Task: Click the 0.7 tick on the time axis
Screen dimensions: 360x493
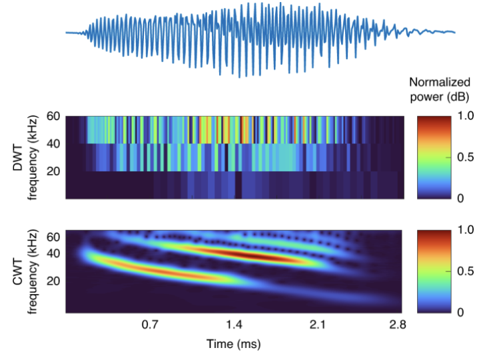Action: click(150, 325)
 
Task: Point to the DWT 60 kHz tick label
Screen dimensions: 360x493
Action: click(55, 116)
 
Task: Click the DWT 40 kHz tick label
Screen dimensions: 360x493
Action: click(55, 143)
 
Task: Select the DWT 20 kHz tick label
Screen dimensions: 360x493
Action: click(55, 171)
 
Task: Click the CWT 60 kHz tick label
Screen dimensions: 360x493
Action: click(55, 236)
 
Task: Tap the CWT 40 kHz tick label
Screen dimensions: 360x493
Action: click(55, 253)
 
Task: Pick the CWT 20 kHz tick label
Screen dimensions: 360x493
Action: click(55, 281)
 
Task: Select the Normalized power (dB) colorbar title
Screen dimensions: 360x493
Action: click(440, 89)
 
